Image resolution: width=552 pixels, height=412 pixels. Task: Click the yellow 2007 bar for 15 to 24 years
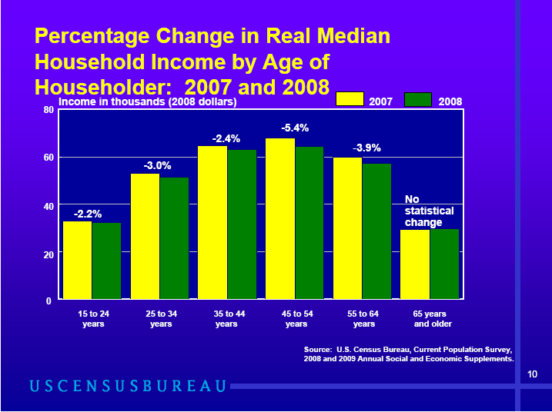click(x=77, y=260)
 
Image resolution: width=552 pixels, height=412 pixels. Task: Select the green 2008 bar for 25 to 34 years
click(x=174, y=238)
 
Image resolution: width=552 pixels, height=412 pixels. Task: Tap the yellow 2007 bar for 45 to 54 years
click(x=280, y=218)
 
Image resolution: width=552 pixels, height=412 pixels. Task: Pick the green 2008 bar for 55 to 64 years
click(x=376, y=231)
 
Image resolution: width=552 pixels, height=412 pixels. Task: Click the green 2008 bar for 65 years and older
click(x=444, y=264)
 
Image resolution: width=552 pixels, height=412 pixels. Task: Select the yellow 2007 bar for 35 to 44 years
click(x=212, y=222)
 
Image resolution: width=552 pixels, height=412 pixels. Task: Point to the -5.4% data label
click(x=295, y=128)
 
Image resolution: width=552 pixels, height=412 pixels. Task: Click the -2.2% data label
click(x=88, y=214)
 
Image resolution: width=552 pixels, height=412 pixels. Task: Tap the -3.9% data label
click(x=366, y=148)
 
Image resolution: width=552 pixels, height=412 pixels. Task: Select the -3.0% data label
click(x=157, y=165)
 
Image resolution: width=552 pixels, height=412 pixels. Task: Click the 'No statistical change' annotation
click(x=429, y=211)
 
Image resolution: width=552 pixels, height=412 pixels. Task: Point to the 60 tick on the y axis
click(x=47, y=158)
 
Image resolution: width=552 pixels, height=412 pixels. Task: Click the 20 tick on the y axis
click(x=47, y=253)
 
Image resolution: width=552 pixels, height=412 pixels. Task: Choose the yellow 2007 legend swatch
click(x=350, y=99)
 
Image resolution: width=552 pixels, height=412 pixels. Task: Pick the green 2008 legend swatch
click(x=418, y=99)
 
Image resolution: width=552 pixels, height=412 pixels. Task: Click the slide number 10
click(x=532, y=374)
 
